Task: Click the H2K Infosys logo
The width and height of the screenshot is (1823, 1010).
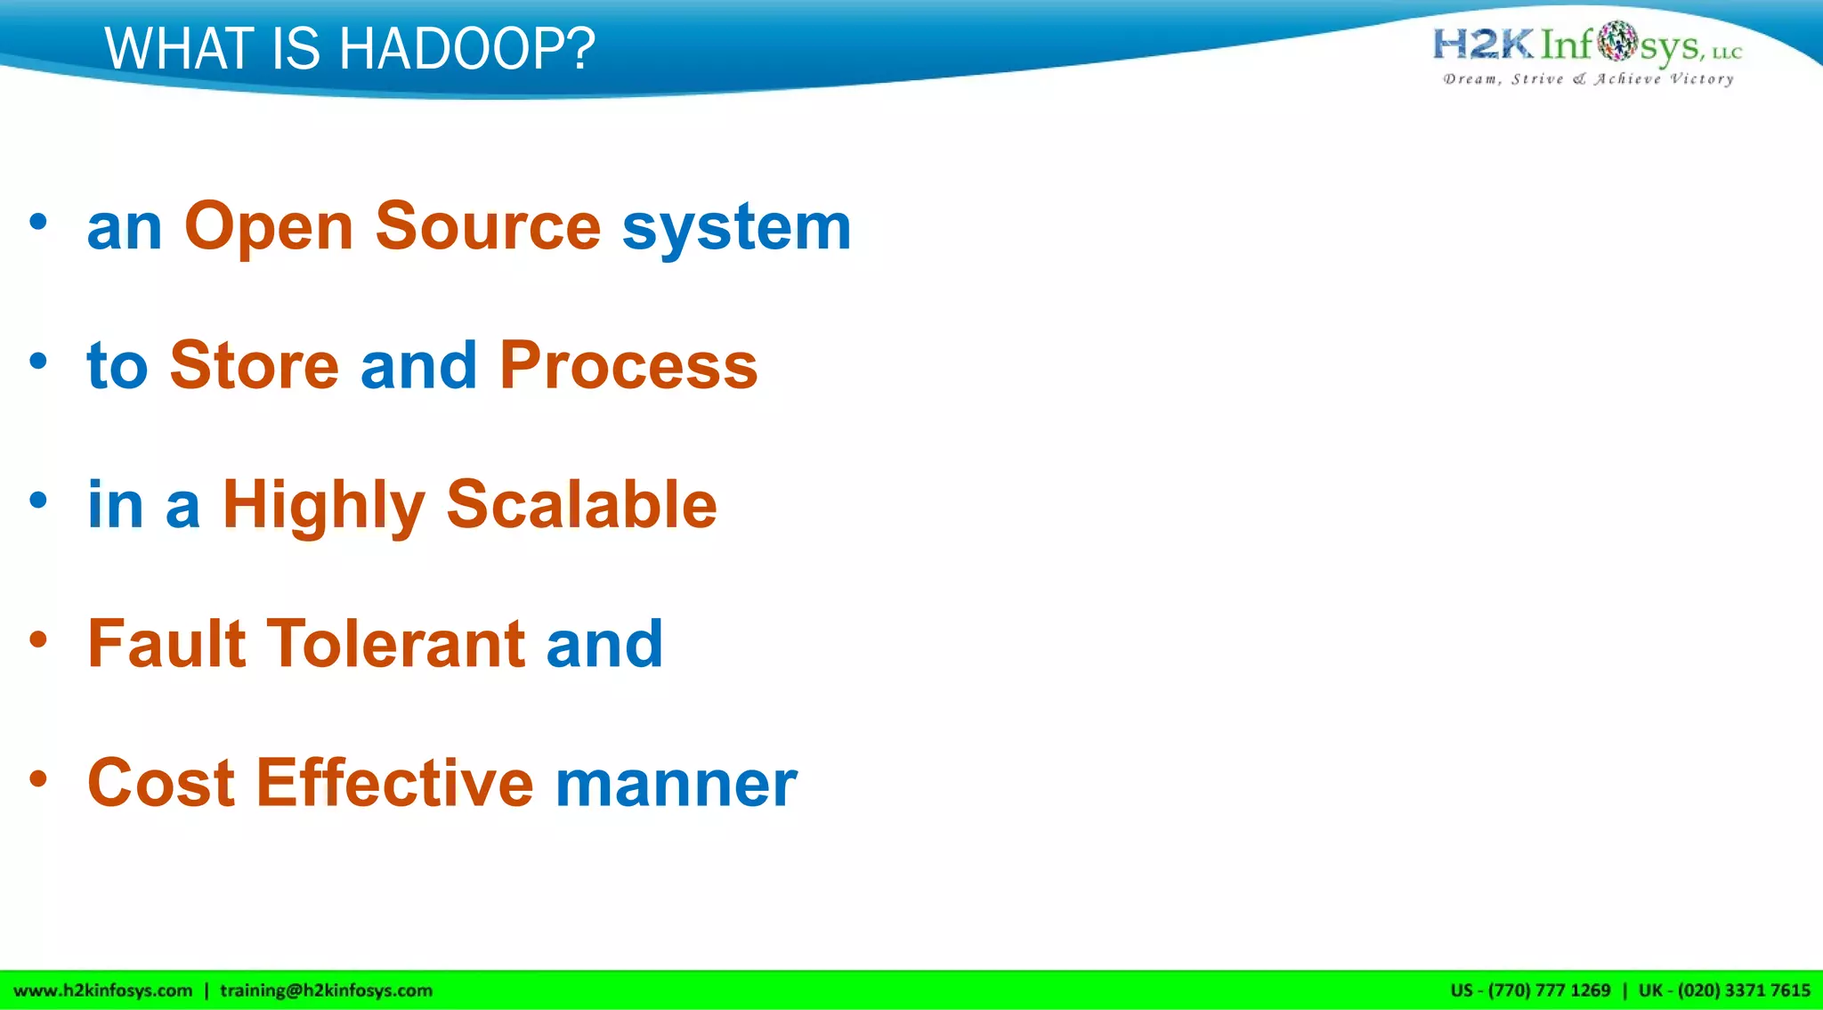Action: (x=1586, y=45)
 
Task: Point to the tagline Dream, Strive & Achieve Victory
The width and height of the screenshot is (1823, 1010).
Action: (x=1588, y=79)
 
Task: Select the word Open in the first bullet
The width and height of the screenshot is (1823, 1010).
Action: (x=269, y=228)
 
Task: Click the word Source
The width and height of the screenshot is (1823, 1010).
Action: (x=488, y=226)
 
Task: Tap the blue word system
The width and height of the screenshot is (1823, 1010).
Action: (x=736, y=228)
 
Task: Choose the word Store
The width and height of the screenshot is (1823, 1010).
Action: (x=255, y=365)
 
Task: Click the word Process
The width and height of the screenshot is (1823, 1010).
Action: (x=628, y=365)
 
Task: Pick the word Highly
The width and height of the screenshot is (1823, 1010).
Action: (x=323, y=506)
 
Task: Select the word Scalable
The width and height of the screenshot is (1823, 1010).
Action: (x=581, y=504)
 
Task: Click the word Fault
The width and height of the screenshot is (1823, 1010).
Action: (x=166, y=643)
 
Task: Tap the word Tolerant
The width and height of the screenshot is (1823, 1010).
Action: (x=396, y=643)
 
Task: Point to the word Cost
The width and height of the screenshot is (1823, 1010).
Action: (x=161, y=783)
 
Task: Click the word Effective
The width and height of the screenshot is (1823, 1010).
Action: (x=395, y=783)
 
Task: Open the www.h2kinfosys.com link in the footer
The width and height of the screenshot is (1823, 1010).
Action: (x=103, y=990)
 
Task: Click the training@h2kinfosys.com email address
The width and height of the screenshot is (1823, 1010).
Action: (x=326, y=990)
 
